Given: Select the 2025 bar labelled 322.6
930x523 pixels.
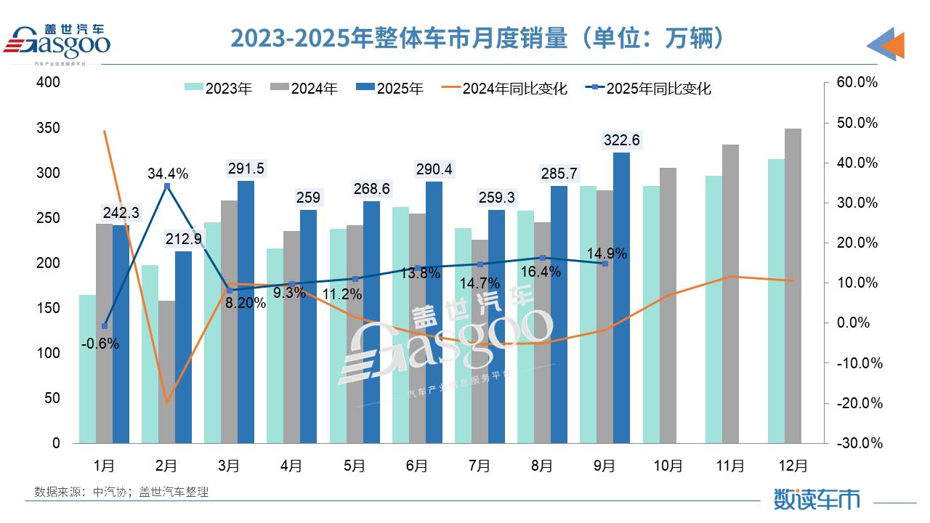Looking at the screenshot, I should click(x=622, y=298).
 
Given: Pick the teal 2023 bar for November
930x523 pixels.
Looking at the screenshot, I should click(x=713, y=309).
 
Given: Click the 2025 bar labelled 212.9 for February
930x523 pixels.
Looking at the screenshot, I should click(x=183, y=347).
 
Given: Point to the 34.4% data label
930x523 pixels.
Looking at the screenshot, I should click(x=167, y=174).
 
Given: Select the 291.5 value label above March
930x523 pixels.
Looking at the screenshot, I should click(x=246, y=168).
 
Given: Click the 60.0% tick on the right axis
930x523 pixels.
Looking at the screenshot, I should click(x=858, y=83).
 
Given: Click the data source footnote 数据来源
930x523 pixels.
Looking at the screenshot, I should click(x=121, y=492).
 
